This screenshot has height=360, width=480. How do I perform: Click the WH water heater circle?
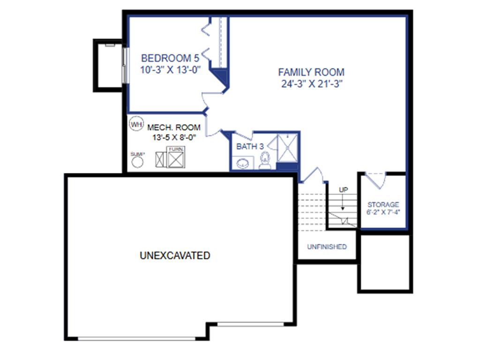[136, 124]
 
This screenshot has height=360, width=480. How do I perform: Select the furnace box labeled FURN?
[177, 158]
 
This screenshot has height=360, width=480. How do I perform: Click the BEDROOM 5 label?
[170, 59]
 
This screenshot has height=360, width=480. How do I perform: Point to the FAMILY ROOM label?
[311, 72]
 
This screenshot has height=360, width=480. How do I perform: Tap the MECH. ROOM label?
[174, 127]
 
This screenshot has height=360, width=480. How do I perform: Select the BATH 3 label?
[250, 147]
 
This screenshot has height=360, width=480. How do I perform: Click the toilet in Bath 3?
[265, 161]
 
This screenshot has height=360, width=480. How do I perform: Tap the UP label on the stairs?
[344, 190]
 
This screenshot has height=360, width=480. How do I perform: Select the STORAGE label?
[383, 205]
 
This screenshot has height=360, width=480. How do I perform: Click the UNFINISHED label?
[327, 247]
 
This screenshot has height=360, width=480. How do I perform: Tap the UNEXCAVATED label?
[175, 255]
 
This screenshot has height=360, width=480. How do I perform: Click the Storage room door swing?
[375, 179]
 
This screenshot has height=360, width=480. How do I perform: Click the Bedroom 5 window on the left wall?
[125, 64]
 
